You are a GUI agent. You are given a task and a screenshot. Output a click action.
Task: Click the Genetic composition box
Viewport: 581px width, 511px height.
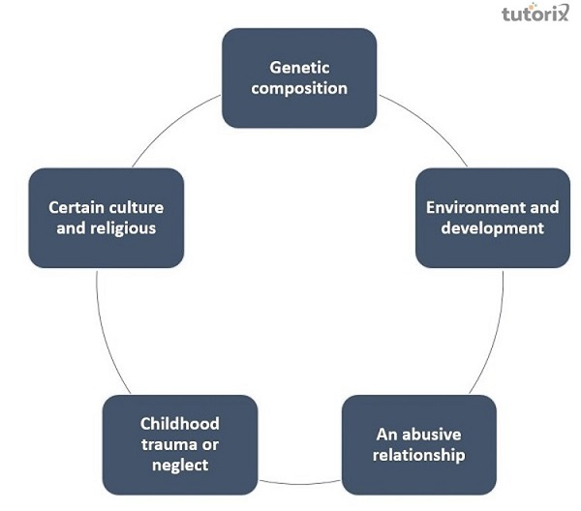tap(299, 77)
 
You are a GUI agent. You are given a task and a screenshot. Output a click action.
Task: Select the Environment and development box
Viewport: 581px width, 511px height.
tap(492, 218)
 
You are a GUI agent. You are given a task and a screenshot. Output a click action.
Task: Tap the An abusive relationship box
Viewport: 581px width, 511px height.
tap(418, 444)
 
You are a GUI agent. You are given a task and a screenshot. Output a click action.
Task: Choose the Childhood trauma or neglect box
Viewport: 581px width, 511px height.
tap(180, 444)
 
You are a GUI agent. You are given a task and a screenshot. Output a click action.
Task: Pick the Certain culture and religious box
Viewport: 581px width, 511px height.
tap(107, 218)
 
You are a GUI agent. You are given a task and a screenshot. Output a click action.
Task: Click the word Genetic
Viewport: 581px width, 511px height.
tap(299, 68)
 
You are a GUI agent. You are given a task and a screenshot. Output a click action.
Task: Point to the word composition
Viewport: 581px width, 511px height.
tap(299, 88)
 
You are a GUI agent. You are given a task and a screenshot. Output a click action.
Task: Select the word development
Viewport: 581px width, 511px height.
tap(492, 228)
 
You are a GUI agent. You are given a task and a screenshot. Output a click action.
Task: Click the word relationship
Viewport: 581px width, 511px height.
tap(418, 455)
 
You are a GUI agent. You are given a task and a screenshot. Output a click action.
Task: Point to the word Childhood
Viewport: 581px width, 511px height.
tap(180, 423)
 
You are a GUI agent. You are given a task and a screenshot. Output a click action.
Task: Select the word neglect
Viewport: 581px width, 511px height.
tap(180, 466)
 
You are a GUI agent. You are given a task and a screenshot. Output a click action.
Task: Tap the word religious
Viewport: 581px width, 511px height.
tap(122, 228)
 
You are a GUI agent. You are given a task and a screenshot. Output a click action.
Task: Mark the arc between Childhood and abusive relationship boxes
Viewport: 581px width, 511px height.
tap(300, 480)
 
